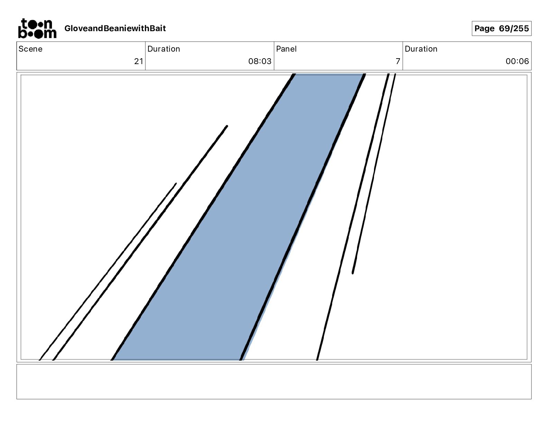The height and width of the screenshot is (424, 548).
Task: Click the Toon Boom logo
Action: tap(37, 28)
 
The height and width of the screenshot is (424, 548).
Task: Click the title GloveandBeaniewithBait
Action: tap(115, 28)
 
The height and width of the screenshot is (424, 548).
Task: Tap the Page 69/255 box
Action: tap(501, 28)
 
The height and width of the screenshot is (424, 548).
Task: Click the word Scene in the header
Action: tap(30, 49)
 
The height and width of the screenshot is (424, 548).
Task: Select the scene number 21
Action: tap(138, 61)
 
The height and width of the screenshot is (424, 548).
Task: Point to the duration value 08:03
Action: tap(259, 61)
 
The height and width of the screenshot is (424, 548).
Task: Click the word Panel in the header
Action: tap(286, 49)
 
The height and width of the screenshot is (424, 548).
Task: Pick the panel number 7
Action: tap(398, 61)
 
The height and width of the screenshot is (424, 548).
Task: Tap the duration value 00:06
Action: tap(517, 61)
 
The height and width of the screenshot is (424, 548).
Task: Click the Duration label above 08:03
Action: tap(164, 49)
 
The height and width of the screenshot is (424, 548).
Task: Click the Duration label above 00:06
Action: tap(421, 49)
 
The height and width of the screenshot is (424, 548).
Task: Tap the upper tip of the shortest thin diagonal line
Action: tap(176, 184)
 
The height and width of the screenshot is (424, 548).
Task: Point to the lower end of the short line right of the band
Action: tap(353, 273)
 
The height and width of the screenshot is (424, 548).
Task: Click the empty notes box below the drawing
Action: tap(274, 381)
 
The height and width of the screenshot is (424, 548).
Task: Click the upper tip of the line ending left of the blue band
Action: tap(227, 126)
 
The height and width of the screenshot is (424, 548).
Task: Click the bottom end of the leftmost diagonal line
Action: tap(40, 359)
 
